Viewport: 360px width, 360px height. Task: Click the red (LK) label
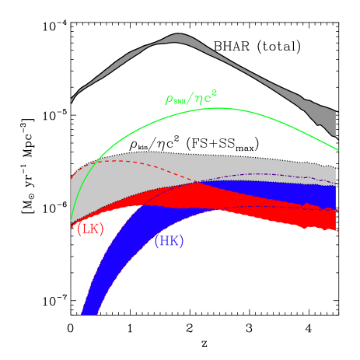[90, 229]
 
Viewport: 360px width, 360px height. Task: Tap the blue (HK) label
[169, 241]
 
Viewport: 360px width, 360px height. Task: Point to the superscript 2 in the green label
[214, 93]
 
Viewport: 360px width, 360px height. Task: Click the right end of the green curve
[337, 149]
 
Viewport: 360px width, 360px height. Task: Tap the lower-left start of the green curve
[72, 221]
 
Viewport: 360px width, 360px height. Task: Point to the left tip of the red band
[72, 225]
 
